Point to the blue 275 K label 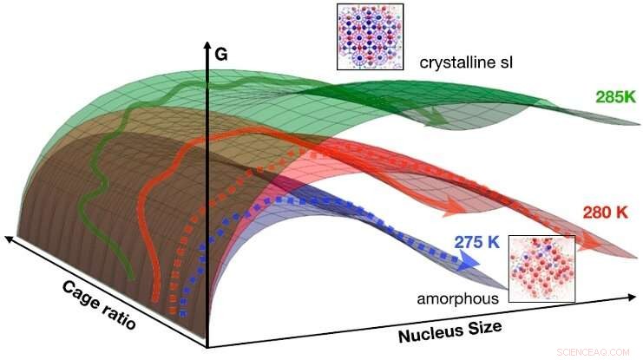pos(476,241)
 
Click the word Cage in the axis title pos(80,286)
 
